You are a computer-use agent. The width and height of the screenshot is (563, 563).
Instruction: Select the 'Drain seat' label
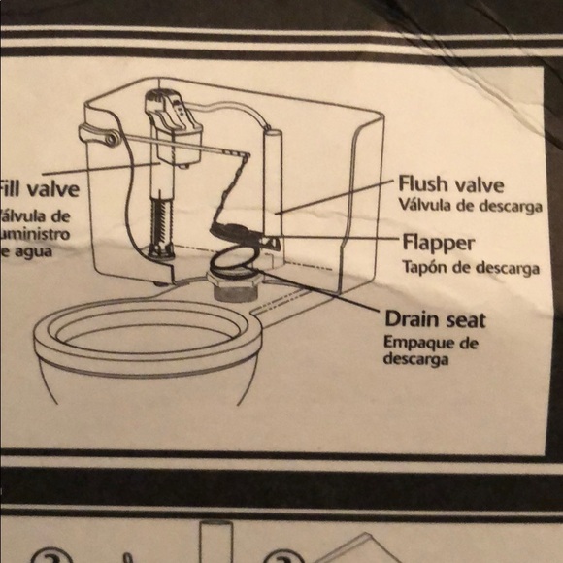435,318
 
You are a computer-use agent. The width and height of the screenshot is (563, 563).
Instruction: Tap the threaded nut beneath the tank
235,290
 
